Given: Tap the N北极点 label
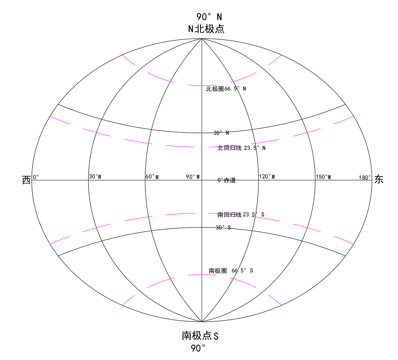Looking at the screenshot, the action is pyautogui.click(x=206, y=29).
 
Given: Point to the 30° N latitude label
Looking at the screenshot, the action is pyautogui.click(x=221, y=133).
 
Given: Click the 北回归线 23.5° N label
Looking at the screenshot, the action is pyautogui.click(x=242, y=148).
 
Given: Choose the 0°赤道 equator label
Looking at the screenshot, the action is pyautogui.click(x=226, y=180).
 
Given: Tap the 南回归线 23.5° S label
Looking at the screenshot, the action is pyautogui.click(x=241, y=215).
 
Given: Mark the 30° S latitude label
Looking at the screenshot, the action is pyautogui.click(x=223, y=227).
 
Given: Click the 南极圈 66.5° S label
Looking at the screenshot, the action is pyautogui.click(x=231, y=271).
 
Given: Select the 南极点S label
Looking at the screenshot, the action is pyautogui.click(x=200, y=336).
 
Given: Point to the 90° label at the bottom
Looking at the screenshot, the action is pyautogui.click(x=198, y=348).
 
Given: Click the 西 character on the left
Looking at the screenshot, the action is pyautogui.click(x=26, y=180).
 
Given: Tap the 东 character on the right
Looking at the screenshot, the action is pyautogui.click(x=379, y=180).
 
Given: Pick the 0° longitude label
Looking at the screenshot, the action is pyautogui.click(x=36, y=177).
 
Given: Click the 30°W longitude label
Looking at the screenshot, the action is pyautogui.click(x=95, y=177).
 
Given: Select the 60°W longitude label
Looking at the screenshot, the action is pyautogui.click(x=152, y=177).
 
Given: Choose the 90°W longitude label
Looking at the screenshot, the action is pyautogui.click(x=193, y=177).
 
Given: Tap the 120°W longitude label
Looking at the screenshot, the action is pyautogui.click(x=267, y=177).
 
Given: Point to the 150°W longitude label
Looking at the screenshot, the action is pyautogui.click(x=324, y=177).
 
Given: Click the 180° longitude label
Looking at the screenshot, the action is pyautogui.click(x=365, y=177).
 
